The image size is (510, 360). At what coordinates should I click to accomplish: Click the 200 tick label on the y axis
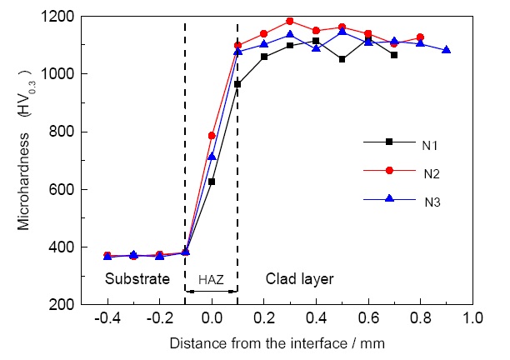62,305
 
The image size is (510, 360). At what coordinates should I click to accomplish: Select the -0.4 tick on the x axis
106,318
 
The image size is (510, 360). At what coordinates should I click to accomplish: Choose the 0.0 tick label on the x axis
212,318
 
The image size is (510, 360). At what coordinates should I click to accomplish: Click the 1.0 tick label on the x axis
473,318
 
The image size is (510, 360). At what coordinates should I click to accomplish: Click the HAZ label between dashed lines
211,280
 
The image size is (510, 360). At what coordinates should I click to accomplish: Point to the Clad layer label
299,279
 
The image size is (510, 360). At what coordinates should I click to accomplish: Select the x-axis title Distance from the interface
277,342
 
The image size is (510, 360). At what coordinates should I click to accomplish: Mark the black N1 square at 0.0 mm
212,181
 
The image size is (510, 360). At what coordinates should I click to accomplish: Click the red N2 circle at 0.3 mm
290,21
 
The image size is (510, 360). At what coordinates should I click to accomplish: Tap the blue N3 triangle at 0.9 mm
447,50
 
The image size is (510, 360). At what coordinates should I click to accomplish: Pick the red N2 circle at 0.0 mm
212,135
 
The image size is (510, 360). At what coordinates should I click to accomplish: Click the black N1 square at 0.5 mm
342,59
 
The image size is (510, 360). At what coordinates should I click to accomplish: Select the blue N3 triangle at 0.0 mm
212,156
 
